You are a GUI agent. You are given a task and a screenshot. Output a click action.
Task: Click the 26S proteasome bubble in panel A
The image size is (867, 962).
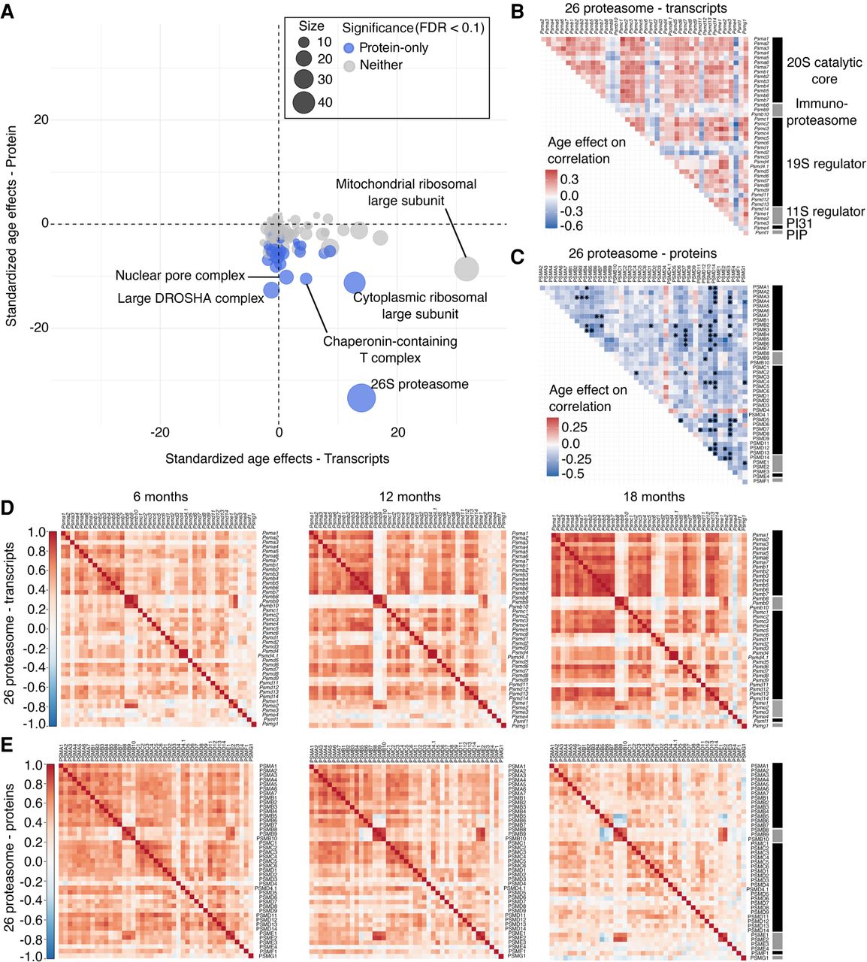pos(361,398)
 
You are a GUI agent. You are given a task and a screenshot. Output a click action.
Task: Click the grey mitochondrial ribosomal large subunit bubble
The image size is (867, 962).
pos(467,268)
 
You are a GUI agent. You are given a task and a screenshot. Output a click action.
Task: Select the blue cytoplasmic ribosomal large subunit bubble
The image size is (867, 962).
pos(355,283)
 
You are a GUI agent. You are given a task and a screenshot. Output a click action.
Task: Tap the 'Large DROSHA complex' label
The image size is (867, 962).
pos(191,298)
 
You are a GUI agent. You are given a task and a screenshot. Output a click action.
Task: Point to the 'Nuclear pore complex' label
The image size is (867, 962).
pos(180,276)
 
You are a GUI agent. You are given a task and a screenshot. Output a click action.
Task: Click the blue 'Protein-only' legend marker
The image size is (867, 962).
pos(349,48)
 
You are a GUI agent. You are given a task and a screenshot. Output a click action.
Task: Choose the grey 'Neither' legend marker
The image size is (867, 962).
pos(349,66)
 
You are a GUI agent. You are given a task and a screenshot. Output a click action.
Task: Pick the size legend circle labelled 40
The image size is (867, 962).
pos(304,101)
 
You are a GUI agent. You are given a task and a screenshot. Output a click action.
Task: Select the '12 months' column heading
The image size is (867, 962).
pos(409,497)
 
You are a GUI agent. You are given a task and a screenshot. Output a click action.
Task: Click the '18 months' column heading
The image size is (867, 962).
pos(654,497)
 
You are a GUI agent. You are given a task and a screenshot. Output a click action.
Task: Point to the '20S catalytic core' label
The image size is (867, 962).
pos(824,71)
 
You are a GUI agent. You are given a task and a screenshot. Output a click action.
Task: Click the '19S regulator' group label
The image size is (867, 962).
pos(826,164)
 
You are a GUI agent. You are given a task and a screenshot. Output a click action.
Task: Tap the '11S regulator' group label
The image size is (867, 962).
pos(826,212)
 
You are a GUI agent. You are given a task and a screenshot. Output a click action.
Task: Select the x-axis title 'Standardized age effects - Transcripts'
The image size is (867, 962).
pos(277,458)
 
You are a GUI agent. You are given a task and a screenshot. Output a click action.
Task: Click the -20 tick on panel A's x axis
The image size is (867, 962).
pos(160,432)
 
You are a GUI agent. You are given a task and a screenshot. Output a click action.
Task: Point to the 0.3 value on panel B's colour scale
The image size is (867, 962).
pos(570,179)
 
